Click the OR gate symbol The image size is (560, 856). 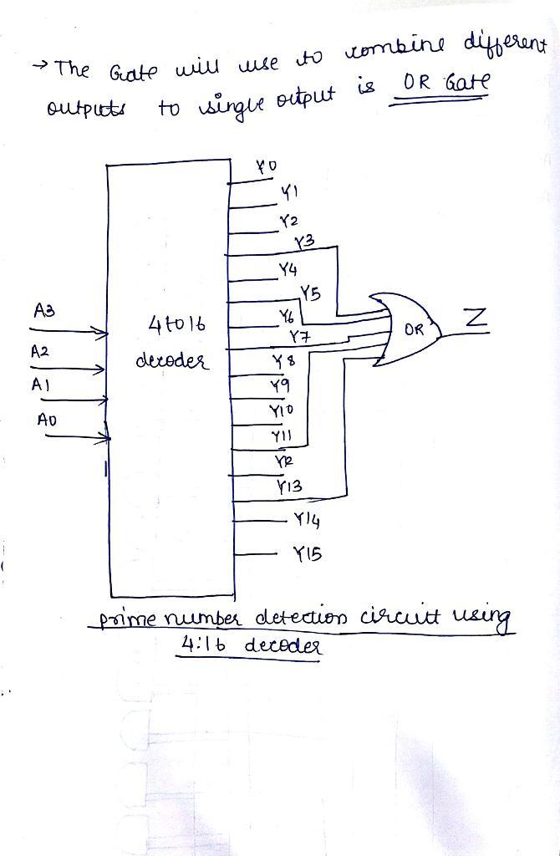coord(405,330)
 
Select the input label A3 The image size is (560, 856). coord(44,310)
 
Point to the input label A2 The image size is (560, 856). coord(41,352)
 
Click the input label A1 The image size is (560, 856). coord(39,385)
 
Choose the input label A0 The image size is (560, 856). coord(46,420)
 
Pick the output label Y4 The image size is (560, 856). coord(288,271)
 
